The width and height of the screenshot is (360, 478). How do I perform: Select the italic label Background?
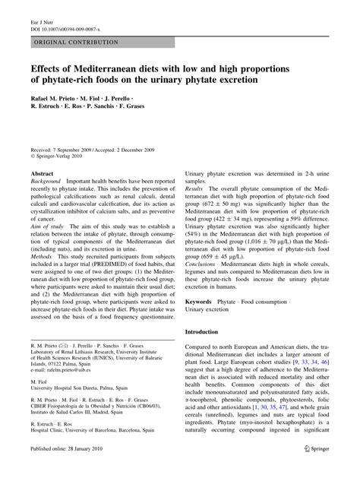coord(46,182)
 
